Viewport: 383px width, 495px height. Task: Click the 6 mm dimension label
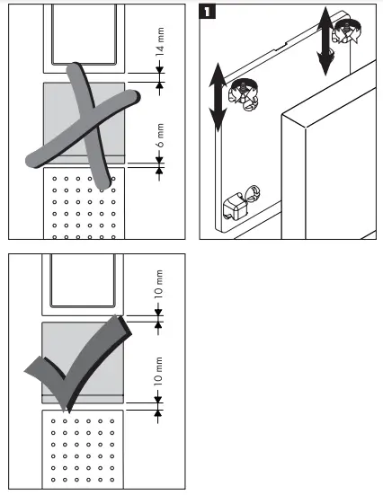click(159, 137)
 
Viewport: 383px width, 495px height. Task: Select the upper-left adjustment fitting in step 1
click(242, 91)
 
